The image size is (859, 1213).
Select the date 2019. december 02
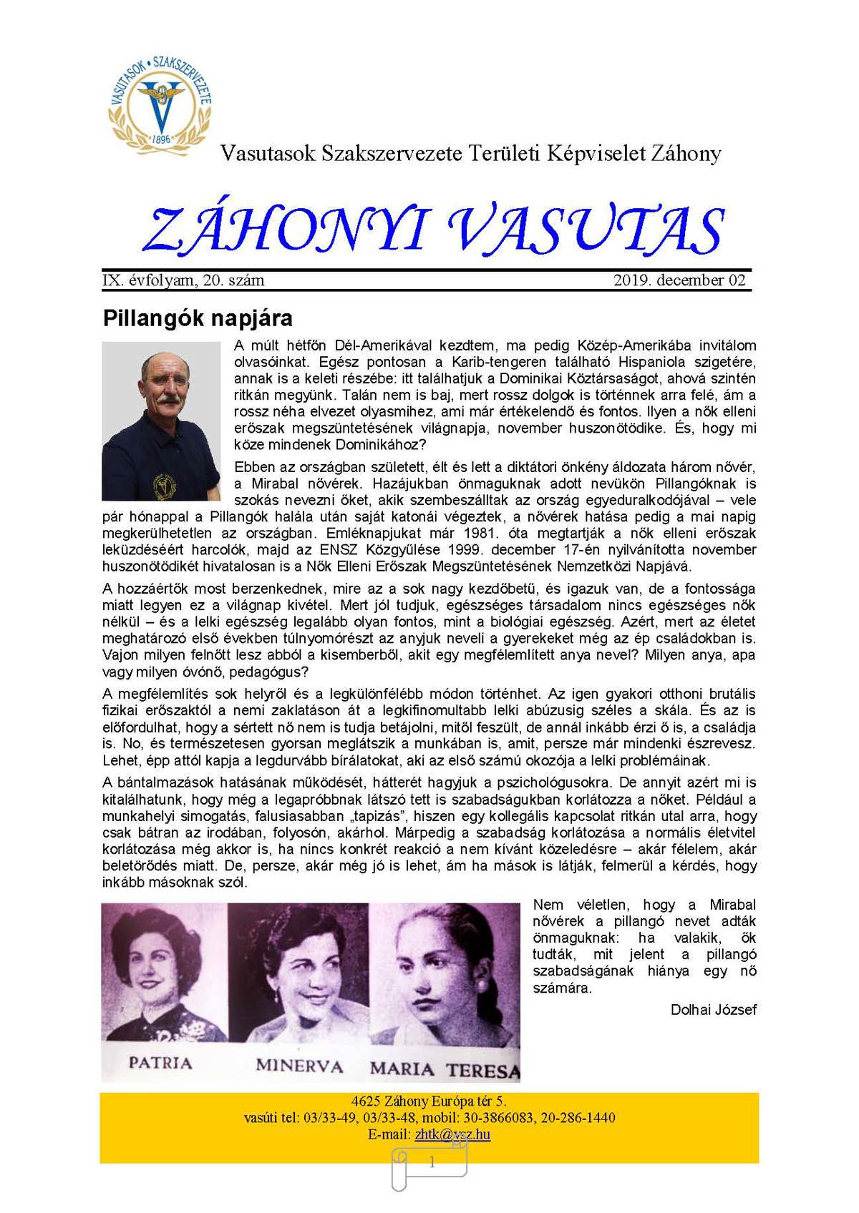(679, 280)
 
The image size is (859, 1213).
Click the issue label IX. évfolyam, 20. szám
(184, 280)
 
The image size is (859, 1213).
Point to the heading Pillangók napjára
(198, 318)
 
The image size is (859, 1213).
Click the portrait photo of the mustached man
(161, 421)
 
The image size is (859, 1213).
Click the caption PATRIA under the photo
(160, 1063)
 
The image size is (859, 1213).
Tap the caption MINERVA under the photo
(299, 1066)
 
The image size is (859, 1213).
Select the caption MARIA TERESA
(444, 1070)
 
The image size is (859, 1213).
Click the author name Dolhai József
(713, 1010)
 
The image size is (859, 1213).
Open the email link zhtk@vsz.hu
(452, 1134)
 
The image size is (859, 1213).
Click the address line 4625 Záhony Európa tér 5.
(429, 1101)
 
